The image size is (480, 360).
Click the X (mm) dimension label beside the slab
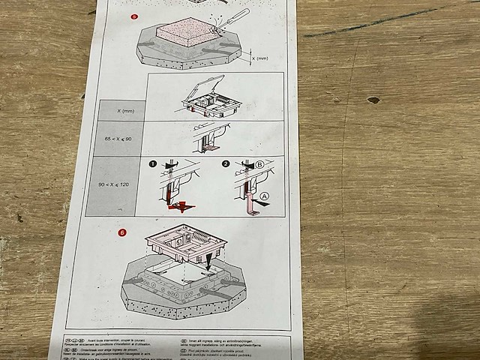coord(259,58)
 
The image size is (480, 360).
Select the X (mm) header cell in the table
coord(122,111)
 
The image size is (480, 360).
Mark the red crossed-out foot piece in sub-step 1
coord(180,205)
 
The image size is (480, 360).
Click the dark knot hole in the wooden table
coord(373,100)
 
